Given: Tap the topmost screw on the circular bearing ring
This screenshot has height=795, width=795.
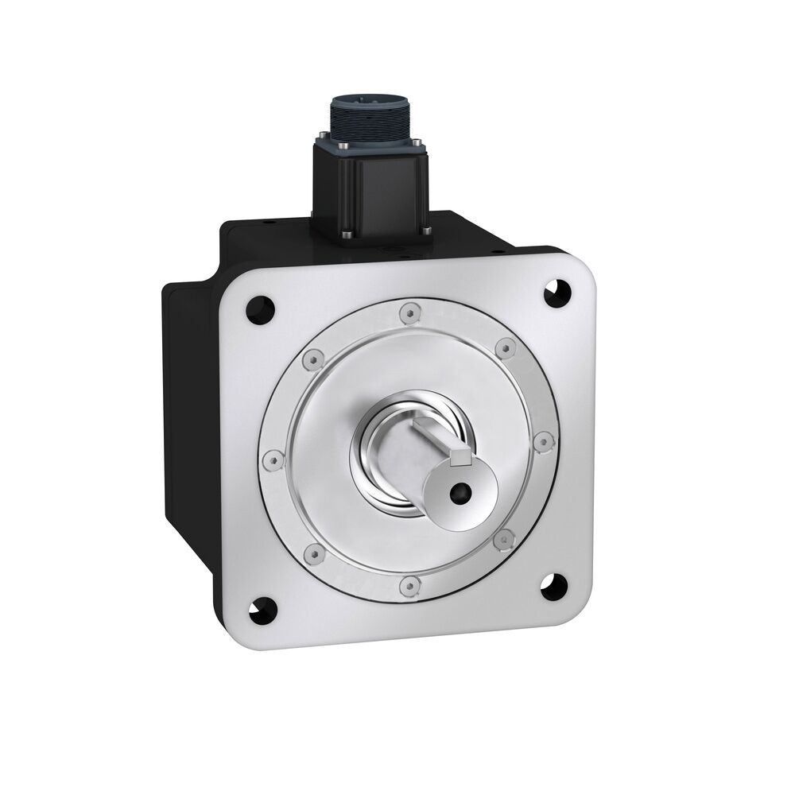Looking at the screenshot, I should [408, 314].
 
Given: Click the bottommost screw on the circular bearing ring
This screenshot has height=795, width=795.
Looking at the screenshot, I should [409, 586].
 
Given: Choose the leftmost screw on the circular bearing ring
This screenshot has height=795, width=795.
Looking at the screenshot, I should [272, 460].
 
